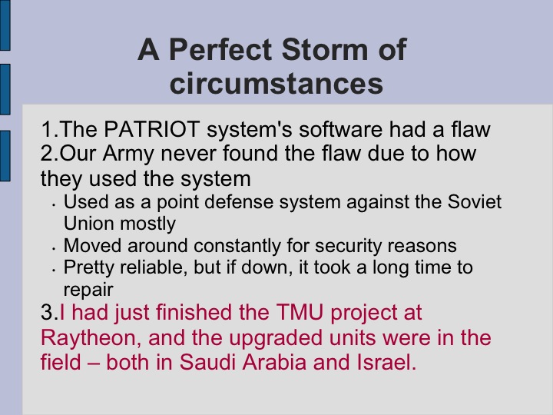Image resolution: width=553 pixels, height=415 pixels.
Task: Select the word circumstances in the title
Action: click(x=276, y=83)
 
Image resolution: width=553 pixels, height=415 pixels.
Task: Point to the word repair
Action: click(x=88, y=290)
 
